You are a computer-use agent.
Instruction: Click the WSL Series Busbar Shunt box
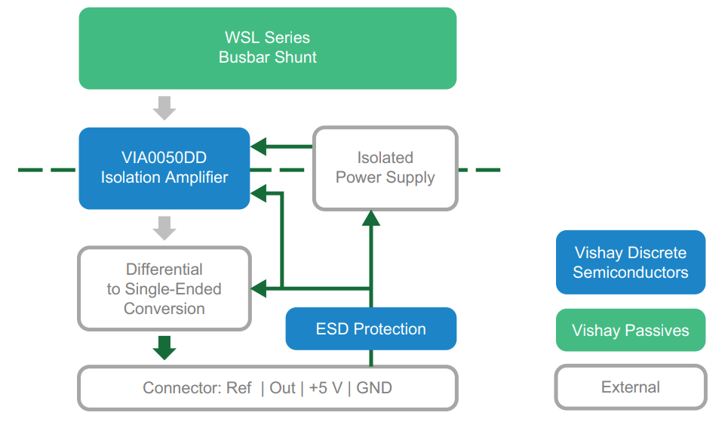(x=267, y=48)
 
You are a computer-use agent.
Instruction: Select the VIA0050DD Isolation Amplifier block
(x=164, y=168)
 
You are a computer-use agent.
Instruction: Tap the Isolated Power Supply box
(x=385, y=168)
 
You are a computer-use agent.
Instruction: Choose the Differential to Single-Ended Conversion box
(x=164, y=288)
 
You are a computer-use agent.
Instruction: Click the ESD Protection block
(x=370, y=328)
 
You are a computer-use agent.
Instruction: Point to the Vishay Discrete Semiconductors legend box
(x=630, y=262)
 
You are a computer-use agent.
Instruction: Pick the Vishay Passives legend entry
(x=630, y=330)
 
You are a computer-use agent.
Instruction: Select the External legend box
(x=630, y=387)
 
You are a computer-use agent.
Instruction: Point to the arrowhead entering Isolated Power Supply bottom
(x=370, y=218)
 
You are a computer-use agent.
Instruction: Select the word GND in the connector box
(x=374, y=388)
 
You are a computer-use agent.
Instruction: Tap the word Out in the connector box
(x=282, y=388)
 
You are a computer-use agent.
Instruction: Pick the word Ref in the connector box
(x=240, y=388)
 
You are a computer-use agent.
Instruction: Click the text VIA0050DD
(x=164, y=158)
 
